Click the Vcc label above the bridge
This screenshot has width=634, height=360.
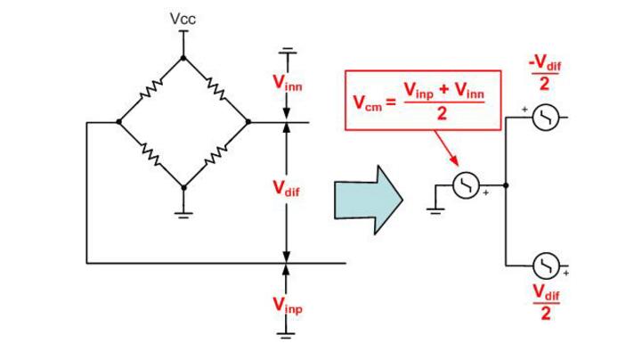(x=183, y=18)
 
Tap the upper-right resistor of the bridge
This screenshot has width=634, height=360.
(x=216, y=89)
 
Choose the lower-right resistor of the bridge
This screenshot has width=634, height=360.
(x=216, y=155)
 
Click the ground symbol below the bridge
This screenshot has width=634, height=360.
(x=183, y=212)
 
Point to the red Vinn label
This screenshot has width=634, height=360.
(x=287, y=83)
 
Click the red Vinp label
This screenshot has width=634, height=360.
(x=287, y=306)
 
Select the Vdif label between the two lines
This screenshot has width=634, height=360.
(x=287, y=190)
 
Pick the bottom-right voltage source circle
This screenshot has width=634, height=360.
(x=544, y=265)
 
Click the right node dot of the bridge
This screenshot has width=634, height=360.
(x=248, y=122)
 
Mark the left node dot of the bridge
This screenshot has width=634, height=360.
(x=118, y=122)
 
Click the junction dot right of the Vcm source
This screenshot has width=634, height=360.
(x=505, y=185)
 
